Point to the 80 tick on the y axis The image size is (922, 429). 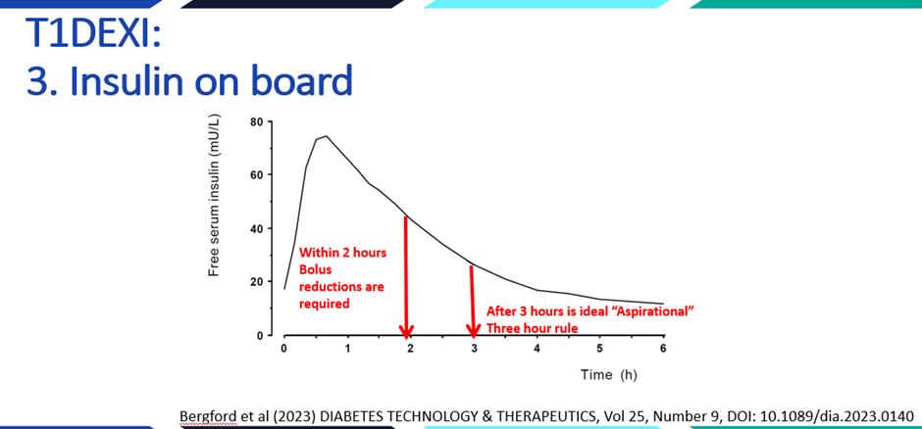pyautogui.click(x=256, y=121)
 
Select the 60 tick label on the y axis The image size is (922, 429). pyautogui.click(x=256, y=175)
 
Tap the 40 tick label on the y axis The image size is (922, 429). pyautogui.click(x=256, y=228)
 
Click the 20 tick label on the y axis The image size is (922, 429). pyautogui.click(x=256, y=282)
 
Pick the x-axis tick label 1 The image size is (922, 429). pyautogui.click(x=347, y=349)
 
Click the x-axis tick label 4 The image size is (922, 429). pyautogui.click(x=537, y=349)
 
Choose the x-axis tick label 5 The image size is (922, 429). pyautogui.click(x=599, y=349)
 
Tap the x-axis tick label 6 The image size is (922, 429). pyautogui.click(x=663, y=349)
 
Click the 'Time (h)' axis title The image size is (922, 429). pyautogui.click(x=608, y=375)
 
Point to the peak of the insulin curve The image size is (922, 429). pyautogui.click(x=326, y=136)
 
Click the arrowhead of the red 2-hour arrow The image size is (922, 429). pyautogui.click(x=406, y=331)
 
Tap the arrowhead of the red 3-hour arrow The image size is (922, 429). pyautogui.click(x=474, y=331)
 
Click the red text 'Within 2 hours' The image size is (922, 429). pyautogui.click(x=342, y=254)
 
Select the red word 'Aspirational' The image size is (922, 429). pyautogui.click(x=655, y=311)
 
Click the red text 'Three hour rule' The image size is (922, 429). pyautogui.click(x=533, y=329)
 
